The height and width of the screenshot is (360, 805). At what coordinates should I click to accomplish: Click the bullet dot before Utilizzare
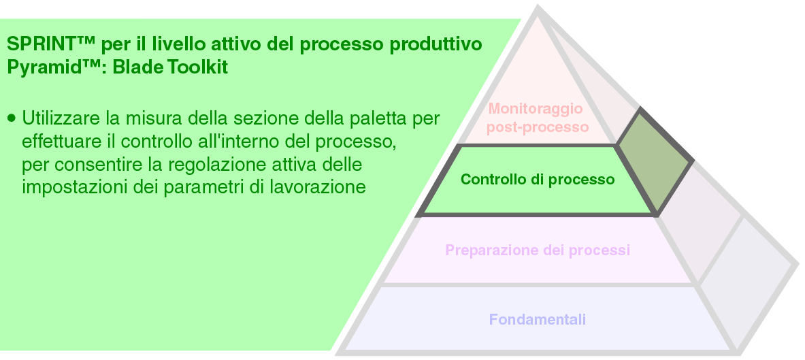point(12,118)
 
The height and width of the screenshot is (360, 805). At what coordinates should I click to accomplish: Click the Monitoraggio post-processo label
point(537,118)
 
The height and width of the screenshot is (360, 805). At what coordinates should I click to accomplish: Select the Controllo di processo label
point(538,179)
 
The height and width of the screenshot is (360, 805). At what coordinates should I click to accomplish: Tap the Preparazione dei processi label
point(538,250)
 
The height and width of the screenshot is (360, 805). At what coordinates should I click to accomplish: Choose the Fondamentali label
point(538,319)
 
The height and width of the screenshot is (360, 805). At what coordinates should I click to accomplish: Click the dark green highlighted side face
point(653,161)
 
